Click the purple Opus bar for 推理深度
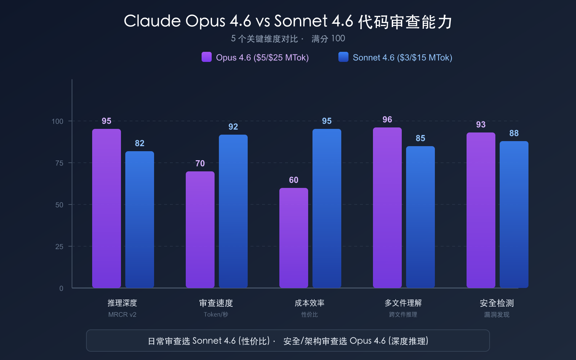[107, 209]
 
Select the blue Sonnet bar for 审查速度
[233, 211]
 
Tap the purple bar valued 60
[294, 238]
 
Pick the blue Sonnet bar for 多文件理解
[420, 217]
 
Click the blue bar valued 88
[514, 215]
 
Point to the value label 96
[387, 120]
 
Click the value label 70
[200, 163]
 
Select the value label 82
[140, 143]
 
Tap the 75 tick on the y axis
[59, 163]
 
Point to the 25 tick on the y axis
[59, 247]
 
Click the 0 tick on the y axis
[61, 288]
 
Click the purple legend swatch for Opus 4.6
[207, 57]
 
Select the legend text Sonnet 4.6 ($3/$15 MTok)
[402, 58]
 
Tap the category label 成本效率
[310, 303]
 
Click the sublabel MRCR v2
[122, 315]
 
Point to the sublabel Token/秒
[216, 315]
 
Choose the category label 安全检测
[497, 303]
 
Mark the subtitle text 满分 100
[328, 39]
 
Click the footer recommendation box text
[288, 341]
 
